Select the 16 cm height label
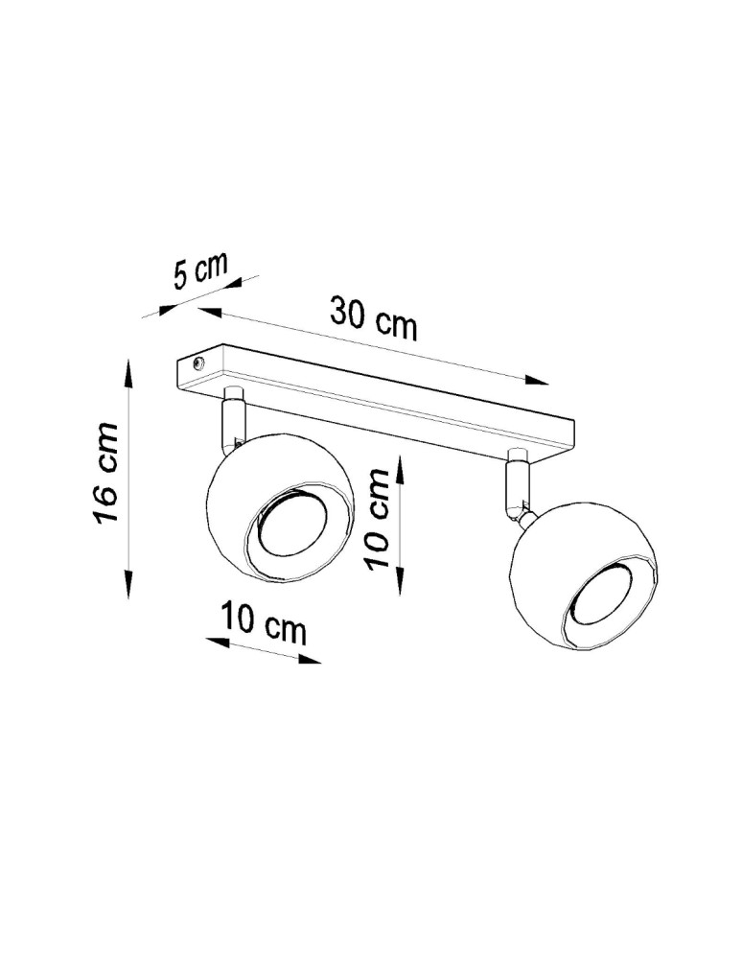(105, 474)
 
